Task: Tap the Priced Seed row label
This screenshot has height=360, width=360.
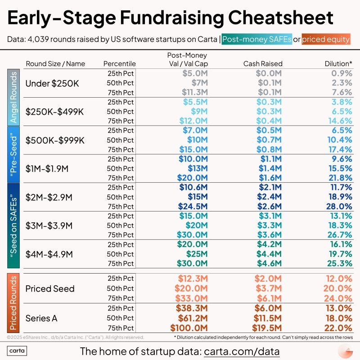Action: (49, 288)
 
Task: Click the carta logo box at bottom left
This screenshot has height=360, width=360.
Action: (18, 351)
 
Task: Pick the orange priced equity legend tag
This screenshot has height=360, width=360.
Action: (326, 39)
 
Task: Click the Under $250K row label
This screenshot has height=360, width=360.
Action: (48, 83)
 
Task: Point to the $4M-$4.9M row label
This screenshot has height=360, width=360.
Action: (49, 254)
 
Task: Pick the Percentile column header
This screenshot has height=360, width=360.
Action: (119, 63)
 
